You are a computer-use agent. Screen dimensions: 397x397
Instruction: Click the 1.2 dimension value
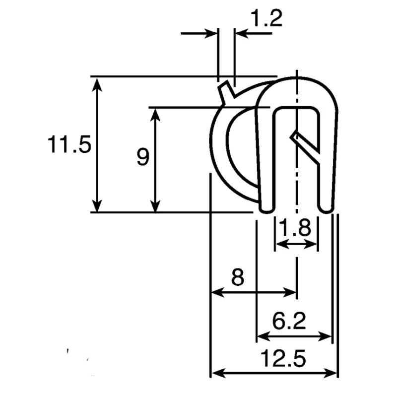click(266, 18)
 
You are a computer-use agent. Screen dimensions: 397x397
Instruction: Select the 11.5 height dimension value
click(69, 144)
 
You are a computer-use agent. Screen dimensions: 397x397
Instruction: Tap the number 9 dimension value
click(143, 157)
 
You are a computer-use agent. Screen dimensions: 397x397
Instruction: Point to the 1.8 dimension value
click(295, 228)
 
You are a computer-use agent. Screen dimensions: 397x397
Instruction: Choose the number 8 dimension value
click(238, 277)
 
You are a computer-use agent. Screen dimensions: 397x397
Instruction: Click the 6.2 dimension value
click(289, 321)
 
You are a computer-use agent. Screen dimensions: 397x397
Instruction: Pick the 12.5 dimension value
click(283, 358)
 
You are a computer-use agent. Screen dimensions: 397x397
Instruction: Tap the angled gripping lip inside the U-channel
click(305, 146)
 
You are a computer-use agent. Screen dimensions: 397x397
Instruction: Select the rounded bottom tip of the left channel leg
click(267, 209)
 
